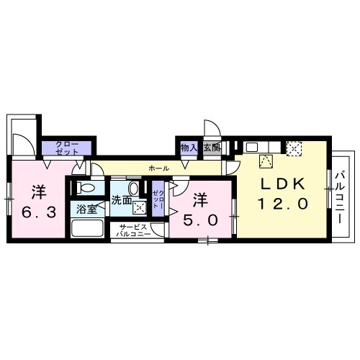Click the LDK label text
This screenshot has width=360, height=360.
click(x=284, y=183)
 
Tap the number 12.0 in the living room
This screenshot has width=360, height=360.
click(x=284, y=204)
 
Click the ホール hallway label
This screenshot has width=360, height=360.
click(x=158, y=168)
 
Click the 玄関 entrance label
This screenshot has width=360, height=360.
click(x=211, y=148)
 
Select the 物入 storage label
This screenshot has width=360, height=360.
click(x=188, y=148)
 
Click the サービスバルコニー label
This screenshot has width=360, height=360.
click(x=135, y=231)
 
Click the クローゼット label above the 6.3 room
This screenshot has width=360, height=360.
click(x=67, y=148)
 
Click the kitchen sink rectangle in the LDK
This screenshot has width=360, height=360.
click(x=251, y=147)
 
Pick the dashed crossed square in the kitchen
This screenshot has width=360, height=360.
click(x=294, y=147)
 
